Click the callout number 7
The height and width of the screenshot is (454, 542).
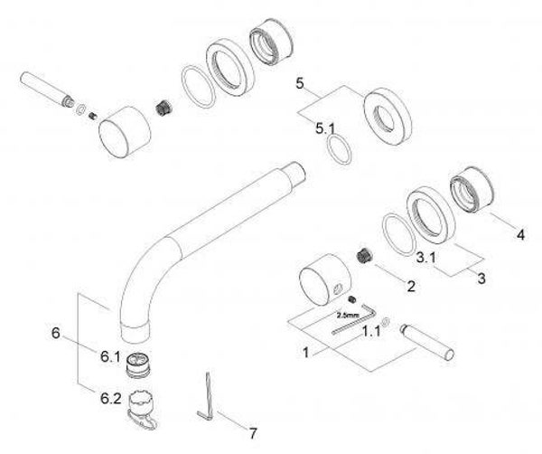pyautogui.click(x=253, y=433)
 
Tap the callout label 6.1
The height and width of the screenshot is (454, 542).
pyautogui.click(x=110, y=356)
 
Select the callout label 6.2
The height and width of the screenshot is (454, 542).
pyautogui.click(x=111, y=399)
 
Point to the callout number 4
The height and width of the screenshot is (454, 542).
pyautogui.click(x=520, y=235)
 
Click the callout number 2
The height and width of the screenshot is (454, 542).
pyautogui.click(x=411, y=286)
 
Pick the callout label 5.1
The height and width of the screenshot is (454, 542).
pyautogui.click(x=325, y=129)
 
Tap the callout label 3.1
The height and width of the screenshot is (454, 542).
pyautogui.click(x=425, y=257)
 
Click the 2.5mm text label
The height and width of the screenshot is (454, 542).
pyautogui.click(x=348, y=316)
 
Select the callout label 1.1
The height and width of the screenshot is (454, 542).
pyautogui.click(x=371, y=331)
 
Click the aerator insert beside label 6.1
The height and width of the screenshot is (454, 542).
pyautogui.click(x=139, y=365)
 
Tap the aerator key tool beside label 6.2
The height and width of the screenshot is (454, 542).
pyautogui.click(x=142, y=411)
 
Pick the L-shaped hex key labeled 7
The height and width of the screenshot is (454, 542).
pyautogui.click(x=207, y=397)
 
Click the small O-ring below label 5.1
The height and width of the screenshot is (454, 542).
pyautogui.click(x=339, y=149)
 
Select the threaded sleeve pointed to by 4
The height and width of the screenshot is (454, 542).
pyautogui.click(x=472, y=189)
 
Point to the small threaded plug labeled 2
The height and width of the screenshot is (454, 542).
pyautogui.click(x=363, y=255)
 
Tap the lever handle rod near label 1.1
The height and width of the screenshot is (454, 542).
pyautogui.click(x=427, y=343)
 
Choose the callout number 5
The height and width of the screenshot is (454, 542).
pyautogui.click(x=300, y=83)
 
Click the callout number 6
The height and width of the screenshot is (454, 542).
pyautogui.click(x=56, y=333)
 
